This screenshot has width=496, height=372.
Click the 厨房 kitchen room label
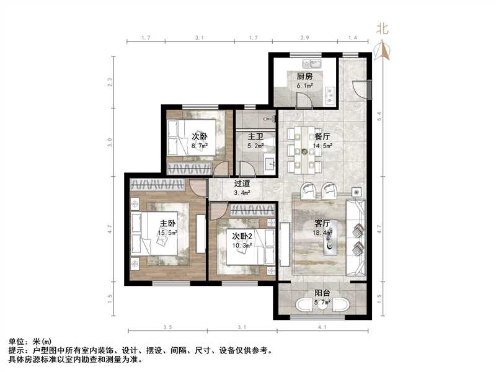coord(304,76)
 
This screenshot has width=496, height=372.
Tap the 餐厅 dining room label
coord(322,136)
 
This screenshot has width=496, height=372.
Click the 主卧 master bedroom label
coord(168,224)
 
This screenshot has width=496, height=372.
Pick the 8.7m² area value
coord(198,146)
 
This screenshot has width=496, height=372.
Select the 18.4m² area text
coord(322,234)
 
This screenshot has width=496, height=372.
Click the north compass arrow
coord(384,48)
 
